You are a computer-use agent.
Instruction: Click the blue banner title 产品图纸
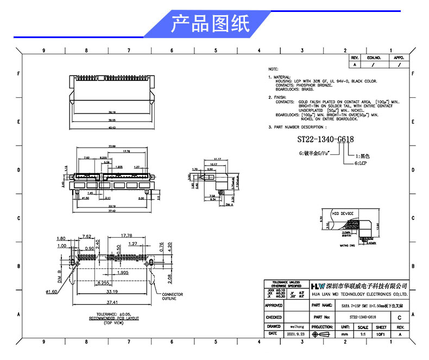coord(210,24)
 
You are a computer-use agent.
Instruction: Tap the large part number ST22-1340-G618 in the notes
coord(325,140)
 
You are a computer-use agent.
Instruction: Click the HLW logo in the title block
coord(317,286)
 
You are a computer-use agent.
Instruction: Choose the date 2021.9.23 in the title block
coord(294,334)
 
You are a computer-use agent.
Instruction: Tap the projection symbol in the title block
coord(323,335)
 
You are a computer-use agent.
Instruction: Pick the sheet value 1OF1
coord(381,335)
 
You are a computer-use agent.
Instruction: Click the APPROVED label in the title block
coord(274,306)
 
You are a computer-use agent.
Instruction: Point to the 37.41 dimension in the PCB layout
coord(112,303)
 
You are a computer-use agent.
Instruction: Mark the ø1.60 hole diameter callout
coord(52,292)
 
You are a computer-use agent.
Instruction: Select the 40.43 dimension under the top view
coord(112,129)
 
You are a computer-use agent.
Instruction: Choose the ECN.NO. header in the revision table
coord(374,58)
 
